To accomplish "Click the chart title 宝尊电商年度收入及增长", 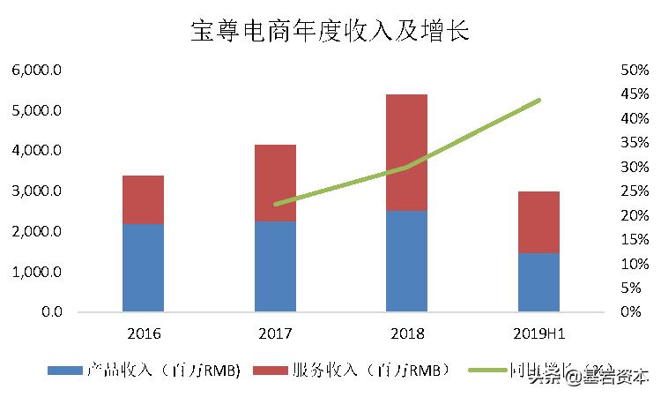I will [330, 33].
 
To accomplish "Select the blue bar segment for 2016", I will [143, 267].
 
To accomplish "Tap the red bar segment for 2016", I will [143, 199].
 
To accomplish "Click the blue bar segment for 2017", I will [275, 266].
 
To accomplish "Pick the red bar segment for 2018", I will [406, 152].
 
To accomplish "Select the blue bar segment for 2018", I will [406, 260].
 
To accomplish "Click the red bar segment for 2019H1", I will [538, 222].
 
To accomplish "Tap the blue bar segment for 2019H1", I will [538, 282].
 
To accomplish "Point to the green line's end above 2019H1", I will [538, 101].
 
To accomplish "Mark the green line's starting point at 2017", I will [276, 204].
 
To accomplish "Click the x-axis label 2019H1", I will [538, 334].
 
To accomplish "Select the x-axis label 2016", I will [143, 334].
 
